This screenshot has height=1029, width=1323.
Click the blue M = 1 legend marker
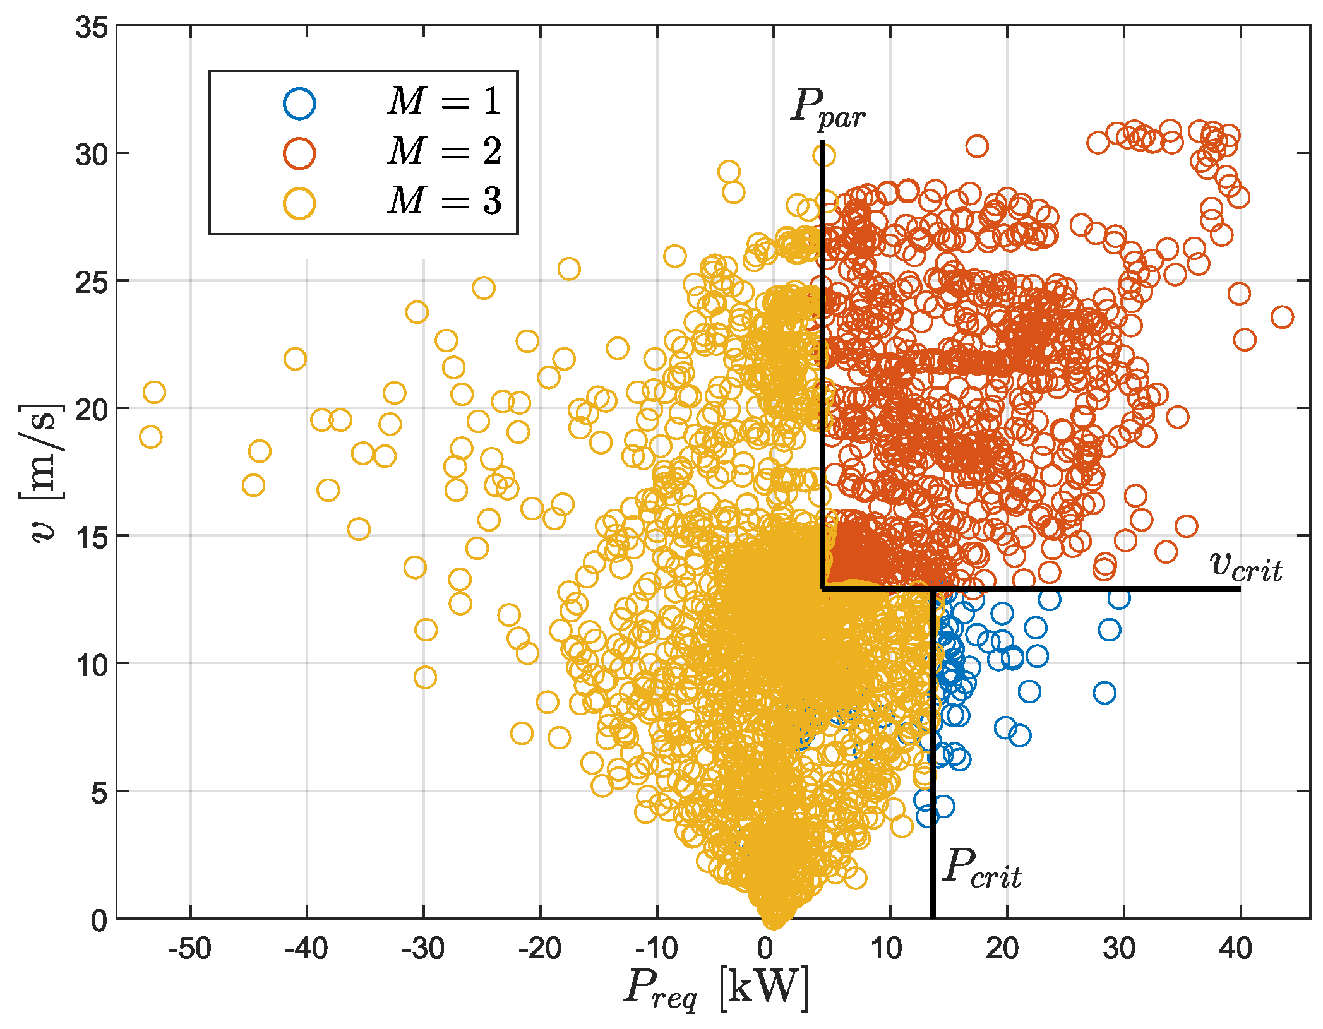[299, 104]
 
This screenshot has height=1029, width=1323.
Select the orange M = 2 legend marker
[299, 153]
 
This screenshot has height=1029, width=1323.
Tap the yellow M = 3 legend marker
[299, 203]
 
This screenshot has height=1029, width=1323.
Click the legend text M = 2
[445, 152]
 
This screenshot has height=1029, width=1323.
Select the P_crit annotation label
[982, 869]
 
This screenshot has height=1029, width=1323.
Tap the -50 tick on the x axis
[189, 949]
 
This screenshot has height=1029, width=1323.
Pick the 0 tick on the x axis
[765, 949]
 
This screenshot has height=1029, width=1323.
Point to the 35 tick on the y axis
[92, 28]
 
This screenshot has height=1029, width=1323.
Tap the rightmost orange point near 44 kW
[1282, 317]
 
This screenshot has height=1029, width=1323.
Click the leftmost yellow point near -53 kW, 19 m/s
[150, 437]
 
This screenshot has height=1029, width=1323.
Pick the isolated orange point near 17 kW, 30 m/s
[977, 146]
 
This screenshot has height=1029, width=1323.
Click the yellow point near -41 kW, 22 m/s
[295, 359]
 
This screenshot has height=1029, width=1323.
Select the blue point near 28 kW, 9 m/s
[1104, 693]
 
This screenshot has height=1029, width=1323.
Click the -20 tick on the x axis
[540, 949]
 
